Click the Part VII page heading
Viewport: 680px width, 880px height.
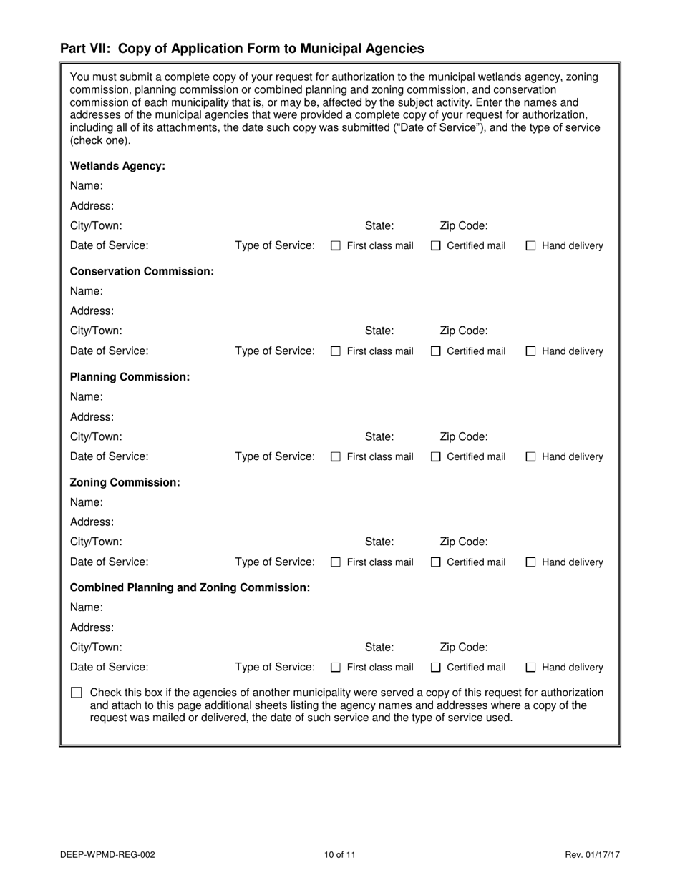point(242,49)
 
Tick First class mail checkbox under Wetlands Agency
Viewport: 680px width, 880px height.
point(336,246)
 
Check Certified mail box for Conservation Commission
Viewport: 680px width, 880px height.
point(436,351)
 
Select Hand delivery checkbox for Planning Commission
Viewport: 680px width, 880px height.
point(531,457)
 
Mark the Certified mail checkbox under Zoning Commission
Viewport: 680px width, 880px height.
point(436,563)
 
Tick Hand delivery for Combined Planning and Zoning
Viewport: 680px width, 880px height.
point(531,668)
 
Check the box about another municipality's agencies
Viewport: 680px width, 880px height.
point(77,693)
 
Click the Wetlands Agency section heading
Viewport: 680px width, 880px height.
point(117,166)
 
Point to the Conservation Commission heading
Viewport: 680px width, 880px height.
point(142,271)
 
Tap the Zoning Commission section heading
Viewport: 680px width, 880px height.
point(125,482)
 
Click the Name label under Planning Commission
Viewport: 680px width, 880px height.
point(86,396)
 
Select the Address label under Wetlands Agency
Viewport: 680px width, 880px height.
point(92,206)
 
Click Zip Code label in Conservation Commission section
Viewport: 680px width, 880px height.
point(464,331)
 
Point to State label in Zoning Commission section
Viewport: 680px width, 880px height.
point(379,542)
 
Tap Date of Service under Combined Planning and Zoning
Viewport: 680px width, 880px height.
point(110,667)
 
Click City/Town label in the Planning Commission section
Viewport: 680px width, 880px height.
point(96,436)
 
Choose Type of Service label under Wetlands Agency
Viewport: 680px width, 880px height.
point(275,245)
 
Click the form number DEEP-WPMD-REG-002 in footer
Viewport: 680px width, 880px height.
point(107,854)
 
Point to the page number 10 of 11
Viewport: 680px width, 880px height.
point(339,854)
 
